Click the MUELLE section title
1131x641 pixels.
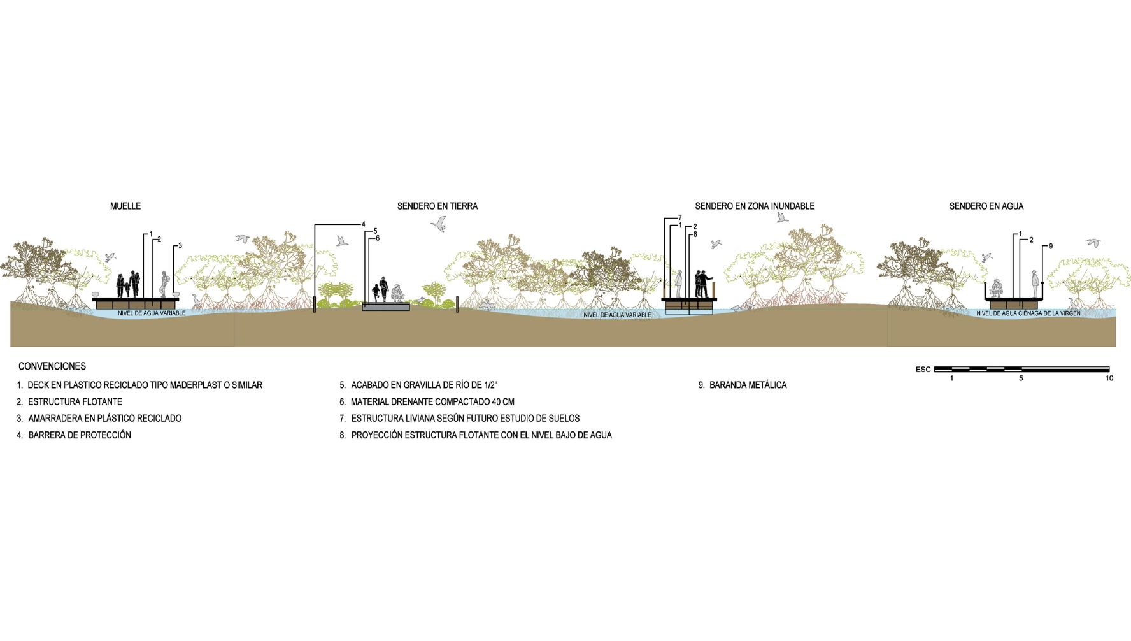pyautogui.click(x=125, y=206)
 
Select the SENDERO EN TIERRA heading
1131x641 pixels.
pyautogui.click(x=437, y=206)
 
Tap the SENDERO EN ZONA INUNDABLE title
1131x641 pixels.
pyautogui.click(x=755, y=206)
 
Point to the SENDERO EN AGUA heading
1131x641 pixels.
pyautogui.click(x=986, y=206)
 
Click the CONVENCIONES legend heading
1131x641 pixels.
pyautogui.click(x=52, y=366)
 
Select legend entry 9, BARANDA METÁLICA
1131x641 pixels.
pyautogui.click(x=743, y=385)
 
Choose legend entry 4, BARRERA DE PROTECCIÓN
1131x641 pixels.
pyautogui.click(x=74, y=435)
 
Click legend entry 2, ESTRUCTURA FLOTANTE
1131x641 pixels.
pyautogui.click(x=69, y=402)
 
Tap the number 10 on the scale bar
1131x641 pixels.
pyautogui.click(x=1109, y=378)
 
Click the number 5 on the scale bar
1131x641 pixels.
pyautogui.click(x=1021, y=378)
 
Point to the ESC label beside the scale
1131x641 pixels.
pyautogui.click(x=923, y=370)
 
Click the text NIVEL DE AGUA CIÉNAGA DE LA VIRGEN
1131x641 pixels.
pyautogui.click(x=1028, y=313)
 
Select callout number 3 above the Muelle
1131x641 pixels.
pyautogui.click(x=180, y=245)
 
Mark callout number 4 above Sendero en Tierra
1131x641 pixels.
pyautogui.click(x=363, y=224)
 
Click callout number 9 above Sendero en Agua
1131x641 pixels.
pyautogui.click(x=1050, y=246)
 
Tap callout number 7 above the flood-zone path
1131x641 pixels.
pyautogui.click(x=679, y=218)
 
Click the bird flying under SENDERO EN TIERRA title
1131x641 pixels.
pyautogui.click(x=438, y=223)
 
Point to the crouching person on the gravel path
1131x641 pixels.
pyautogui.click(x=397, y=293)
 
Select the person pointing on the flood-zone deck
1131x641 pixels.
pyautogui.click(x=704, y=284)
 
